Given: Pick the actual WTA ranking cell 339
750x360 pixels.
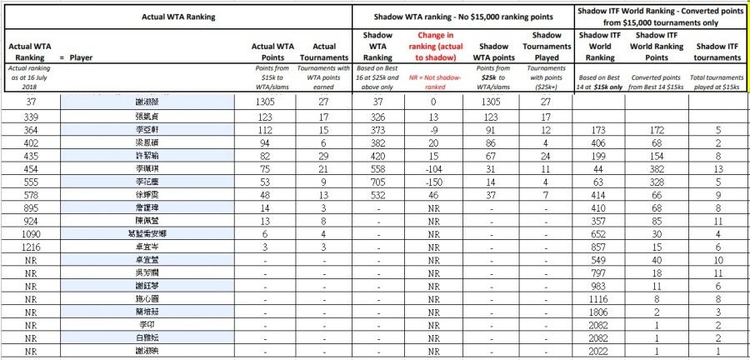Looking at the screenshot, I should (x=30, y=117).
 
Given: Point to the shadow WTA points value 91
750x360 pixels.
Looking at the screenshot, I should (x=494, y=130).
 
